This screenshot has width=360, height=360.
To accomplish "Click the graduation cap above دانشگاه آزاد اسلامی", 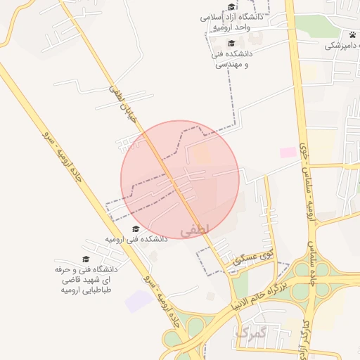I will point(231,7).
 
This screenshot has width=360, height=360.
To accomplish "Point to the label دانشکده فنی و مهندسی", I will point(233,58).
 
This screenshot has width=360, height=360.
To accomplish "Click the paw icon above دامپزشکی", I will point(352,34).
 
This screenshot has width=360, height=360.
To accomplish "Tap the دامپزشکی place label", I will point(342,46).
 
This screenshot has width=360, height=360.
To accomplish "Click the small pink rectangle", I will point(288,152).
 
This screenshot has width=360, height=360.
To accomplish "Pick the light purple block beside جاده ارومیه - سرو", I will point(139,301).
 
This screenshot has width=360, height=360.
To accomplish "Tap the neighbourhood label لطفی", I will point(193,231).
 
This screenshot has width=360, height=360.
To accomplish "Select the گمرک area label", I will point(251,333).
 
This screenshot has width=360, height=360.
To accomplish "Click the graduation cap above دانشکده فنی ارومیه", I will point(136,229).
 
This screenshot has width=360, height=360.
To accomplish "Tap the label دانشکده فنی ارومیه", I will point(136,239).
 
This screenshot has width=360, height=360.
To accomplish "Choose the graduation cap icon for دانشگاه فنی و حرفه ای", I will point(86,259).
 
